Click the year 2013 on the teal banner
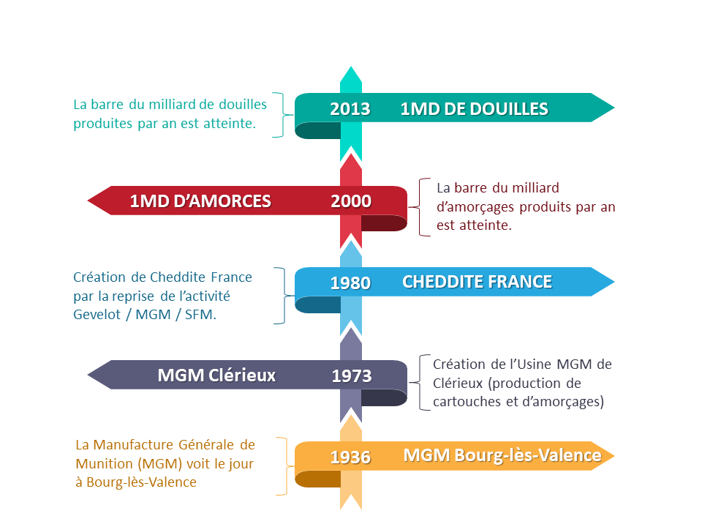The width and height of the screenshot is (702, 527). pos(350,109)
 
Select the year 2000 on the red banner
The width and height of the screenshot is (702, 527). pos(351,201)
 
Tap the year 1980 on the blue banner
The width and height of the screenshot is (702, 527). pos(350,283)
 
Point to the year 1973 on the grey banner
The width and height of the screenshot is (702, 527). pos(352,376)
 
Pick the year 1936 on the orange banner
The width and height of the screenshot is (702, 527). pos(350,457)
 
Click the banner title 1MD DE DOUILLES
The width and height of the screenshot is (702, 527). pos(474,109)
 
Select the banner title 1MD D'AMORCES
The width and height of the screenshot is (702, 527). pos(200,201)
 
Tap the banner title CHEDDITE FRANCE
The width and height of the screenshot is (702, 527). pos(478,282)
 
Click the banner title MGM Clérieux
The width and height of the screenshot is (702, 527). pos(216,375)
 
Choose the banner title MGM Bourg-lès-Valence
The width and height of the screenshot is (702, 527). pos(502,455)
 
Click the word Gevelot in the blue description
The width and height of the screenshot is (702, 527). pos(97,315)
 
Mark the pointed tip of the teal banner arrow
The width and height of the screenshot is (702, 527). pos(614,108)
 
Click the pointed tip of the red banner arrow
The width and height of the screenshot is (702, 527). pos(88,201)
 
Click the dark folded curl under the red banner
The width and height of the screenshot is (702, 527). pos(384,223)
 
